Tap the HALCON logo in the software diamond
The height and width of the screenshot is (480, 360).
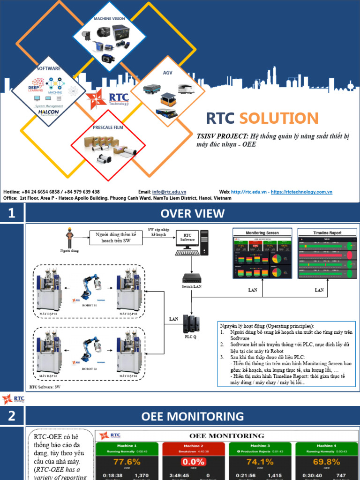(x=49, y=112)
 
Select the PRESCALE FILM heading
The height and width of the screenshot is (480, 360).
(x=109, y=127)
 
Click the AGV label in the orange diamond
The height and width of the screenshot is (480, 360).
(x=167, y=73)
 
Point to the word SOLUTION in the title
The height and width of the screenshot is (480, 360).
(x=279, y=118)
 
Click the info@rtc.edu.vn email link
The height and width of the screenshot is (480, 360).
(x=169, y=192)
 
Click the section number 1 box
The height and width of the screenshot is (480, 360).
(x=11, y=214)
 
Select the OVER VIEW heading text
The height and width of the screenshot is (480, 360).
(x=192, y=214)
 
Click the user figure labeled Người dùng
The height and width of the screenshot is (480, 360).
(x=69, y=238)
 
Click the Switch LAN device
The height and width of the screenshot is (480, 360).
(x=191, y=277)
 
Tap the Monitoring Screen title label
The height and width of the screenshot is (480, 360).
(x=262, y=232)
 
